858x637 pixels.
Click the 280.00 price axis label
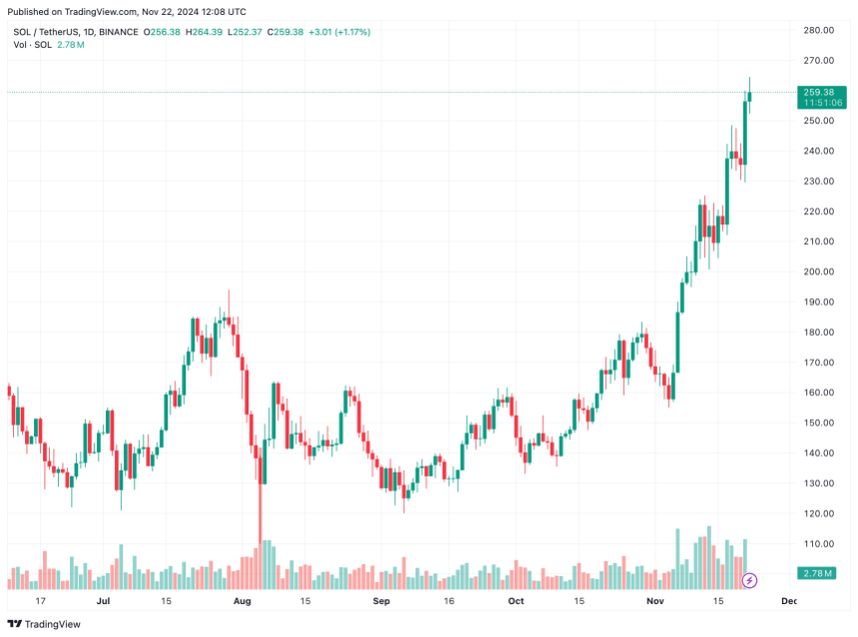pos(819,30)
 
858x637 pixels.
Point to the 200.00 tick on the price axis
pos(819,271)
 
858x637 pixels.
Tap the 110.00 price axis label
pos(819,543)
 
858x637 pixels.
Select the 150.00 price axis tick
pos(819,423)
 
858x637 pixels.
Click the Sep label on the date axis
pos(379,601)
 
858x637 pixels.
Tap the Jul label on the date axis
pos(103,601)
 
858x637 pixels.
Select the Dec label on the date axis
pos(789,601)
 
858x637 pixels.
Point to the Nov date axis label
pos(654,601)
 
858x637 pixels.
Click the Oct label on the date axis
pos(516,601)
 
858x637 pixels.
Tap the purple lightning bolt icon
pos(750,580)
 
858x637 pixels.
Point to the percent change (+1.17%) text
pos(350,32)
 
